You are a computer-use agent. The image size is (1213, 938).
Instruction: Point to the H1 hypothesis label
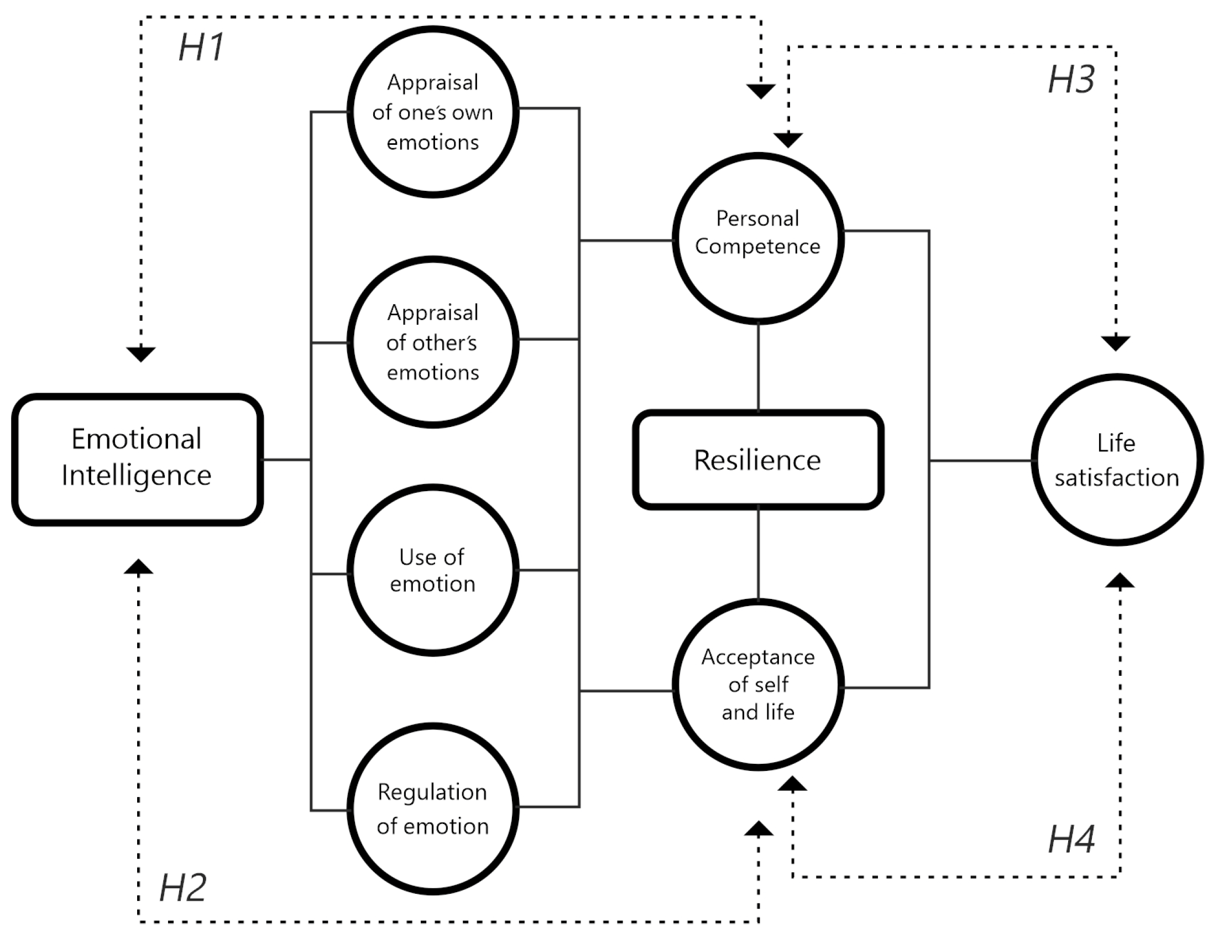(201, 46)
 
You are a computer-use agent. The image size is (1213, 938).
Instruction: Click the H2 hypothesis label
(183, 888)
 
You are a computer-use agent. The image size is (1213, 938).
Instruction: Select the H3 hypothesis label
(1071, 80)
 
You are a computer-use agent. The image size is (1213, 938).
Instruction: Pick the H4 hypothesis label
(1071, 839)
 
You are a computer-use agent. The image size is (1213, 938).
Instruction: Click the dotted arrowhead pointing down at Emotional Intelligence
(140, 354)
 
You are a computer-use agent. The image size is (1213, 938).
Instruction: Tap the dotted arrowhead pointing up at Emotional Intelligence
(138, 566)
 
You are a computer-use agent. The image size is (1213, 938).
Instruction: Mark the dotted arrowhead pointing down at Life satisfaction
(1116, 343)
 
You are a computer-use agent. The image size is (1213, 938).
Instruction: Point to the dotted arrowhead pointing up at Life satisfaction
(1120, 580)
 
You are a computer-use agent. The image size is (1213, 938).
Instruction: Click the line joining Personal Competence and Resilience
(759, 367)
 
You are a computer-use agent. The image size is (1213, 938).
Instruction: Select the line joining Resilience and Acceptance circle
(759, 554)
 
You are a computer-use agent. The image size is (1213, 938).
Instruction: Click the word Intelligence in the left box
(137, 476)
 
